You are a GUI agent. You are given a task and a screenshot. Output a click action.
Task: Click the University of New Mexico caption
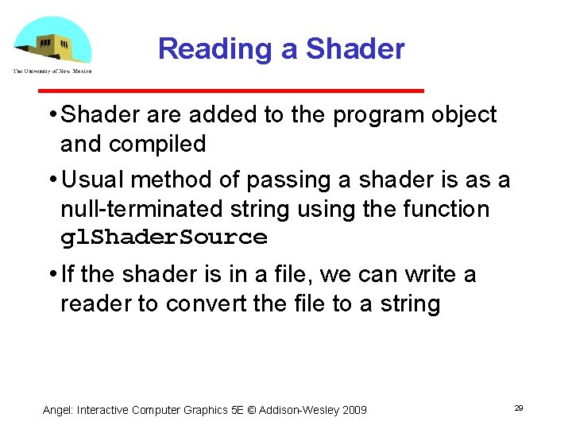tap(52, 71)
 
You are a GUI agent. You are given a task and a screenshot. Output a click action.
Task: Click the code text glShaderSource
tap(164, 238)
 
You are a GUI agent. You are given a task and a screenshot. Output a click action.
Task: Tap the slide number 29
tap(519, 408)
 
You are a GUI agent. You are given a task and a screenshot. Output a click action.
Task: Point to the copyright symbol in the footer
tap(250, 410)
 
